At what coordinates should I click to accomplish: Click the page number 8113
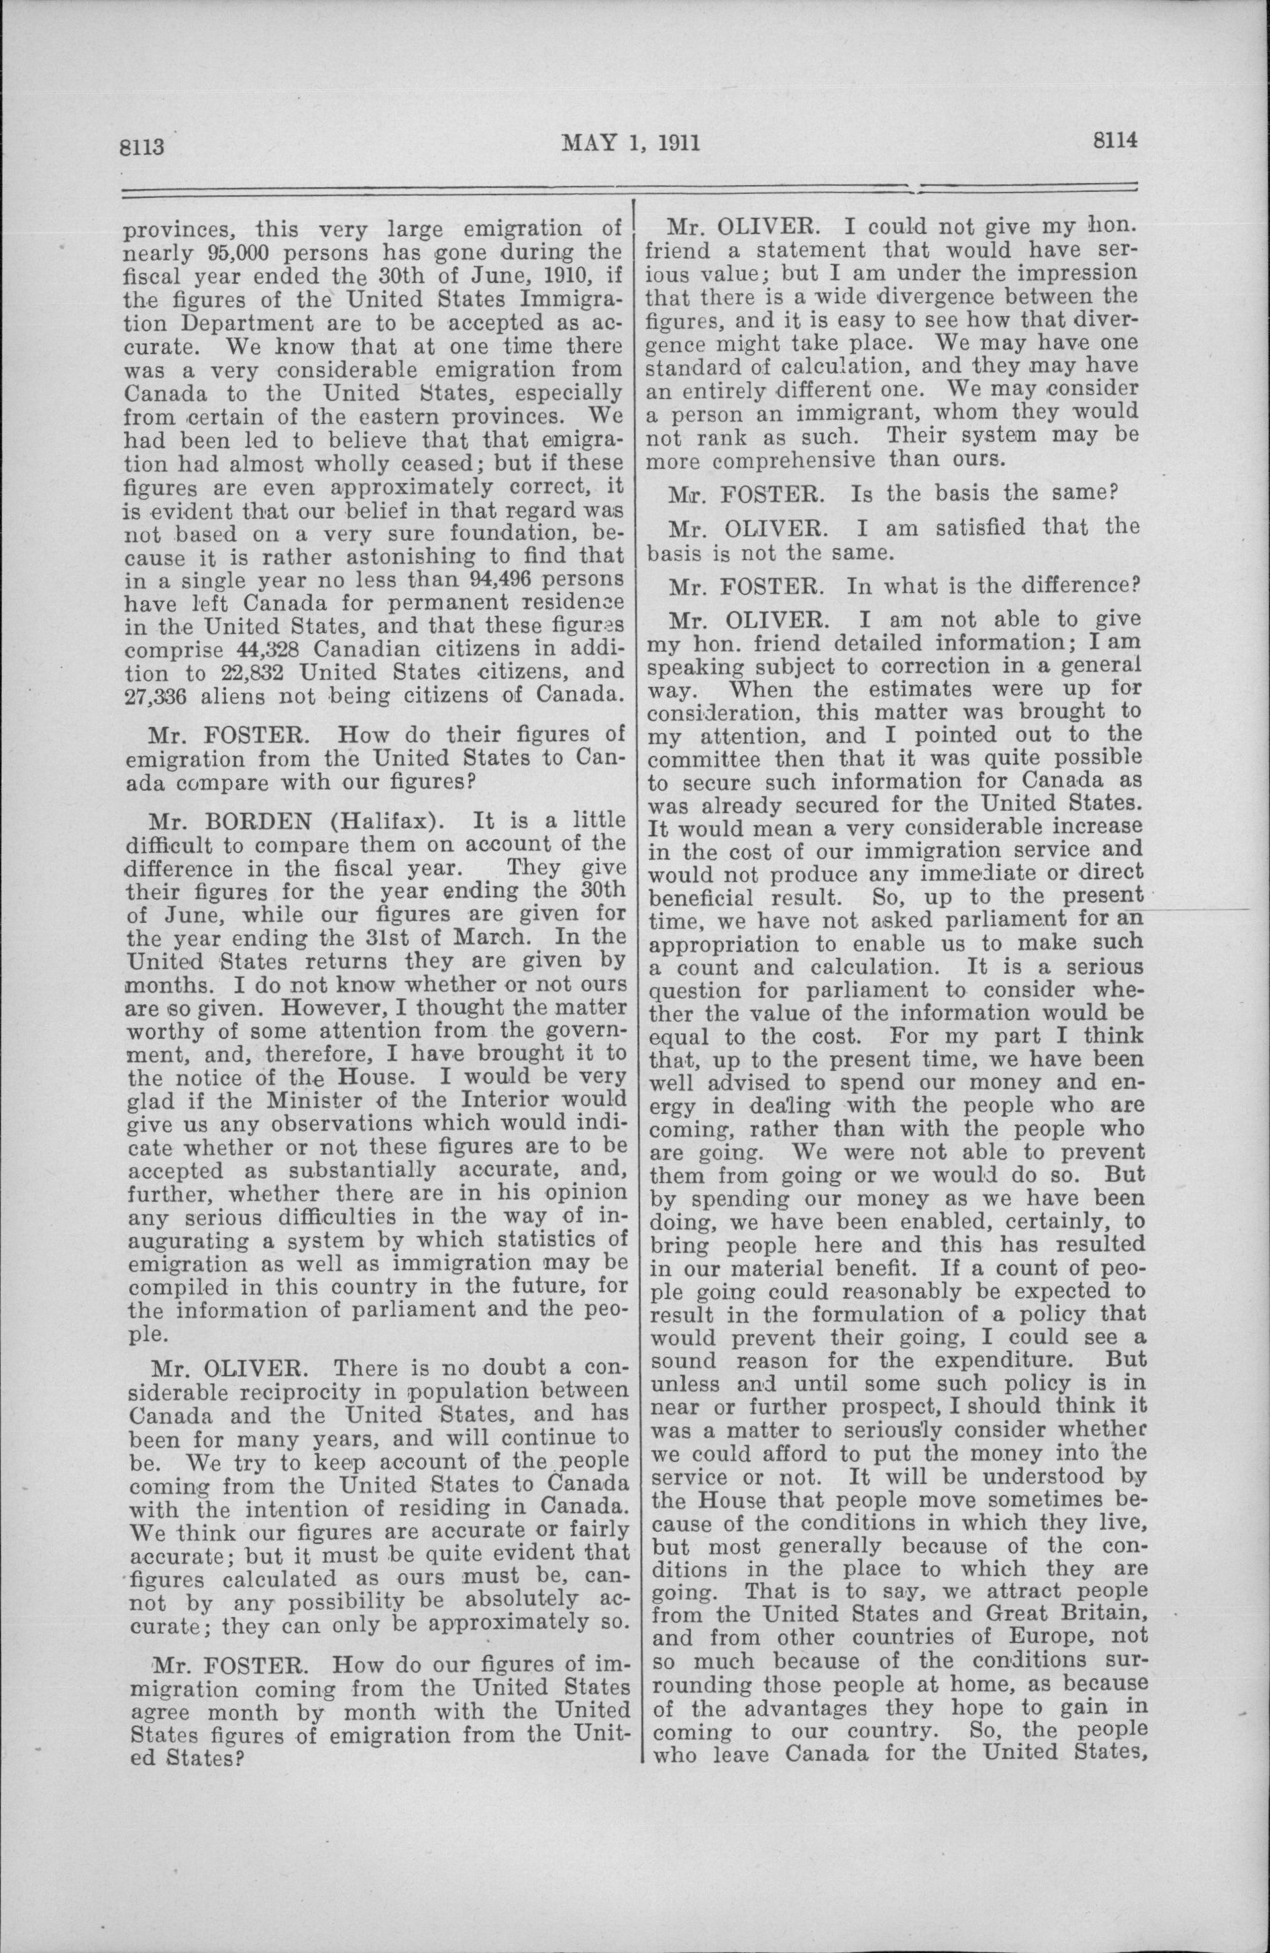click(x=144, y=148)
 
